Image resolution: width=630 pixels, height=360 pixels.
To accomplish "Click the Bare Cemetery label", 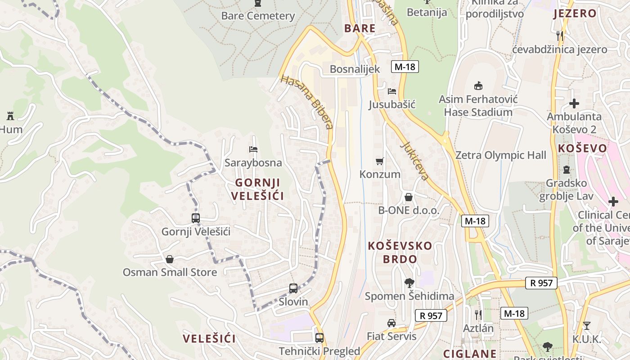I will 258,16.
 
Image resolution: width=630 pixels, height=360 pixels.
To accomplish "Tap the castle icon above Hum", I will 10,116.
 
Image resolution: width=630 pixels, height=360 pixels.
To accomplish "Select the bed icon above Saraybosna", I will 253,149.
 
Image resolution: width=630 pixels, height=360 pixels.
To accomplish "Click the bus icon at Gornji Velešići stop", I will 196,218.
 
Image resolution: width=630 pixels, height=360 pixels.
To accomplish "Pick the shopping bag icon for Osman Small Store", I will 170,259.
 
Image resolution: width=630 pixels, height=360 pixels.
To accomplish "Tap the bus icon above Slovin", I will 293,288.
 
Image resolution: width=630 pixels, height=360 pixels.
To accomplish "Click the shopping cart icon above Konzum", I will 380,161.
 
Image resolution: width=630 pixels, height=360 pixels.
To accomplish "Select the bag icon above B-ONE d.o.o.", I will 409,197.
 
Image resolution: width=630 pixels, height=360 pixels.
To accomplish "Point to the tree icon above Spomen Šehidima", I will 409,283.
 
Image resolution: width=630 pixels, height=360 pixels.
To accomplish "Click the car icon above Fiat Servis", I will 391,323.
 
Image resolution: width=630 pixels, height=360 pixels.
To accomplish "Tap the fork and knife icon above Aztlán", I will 478,315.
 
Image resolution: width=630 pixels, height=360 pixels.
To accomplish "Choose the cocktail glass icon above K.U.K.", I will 587,325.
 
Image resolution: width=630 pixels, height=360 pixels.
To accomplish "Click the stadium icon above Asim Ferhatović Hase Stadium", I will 478,85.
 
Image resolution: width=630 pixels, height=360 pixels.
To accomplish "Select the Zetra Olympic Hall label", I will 501,155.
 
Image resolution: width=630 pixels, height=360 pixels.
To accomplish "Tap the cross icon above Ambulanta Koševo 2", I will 574,103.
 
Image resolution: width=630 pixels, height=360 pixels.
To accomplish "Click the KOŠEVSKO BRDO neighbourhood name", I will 400,252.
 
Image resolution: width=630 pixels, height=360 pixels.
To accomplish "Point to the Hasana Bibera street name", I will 307,102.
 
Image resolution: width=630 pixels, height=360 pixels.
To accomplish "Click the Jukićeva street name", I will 414,161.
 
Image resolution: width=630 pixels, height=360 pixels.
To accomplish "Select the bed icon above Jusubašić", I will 392,91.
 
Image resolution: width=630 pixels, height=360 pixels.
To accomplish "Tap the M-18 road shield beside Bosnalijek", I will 405,67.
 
